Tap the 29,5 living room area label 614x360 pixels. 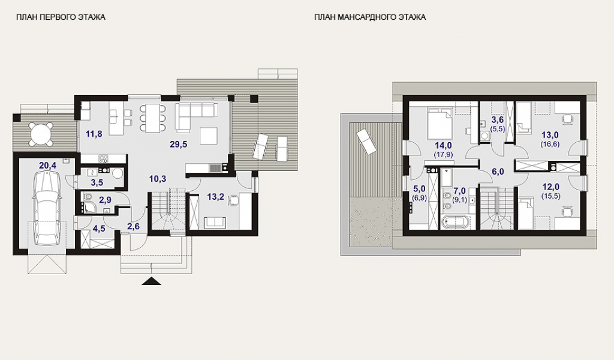point(179,144)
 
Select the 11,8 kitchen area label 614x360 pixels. point(94,134)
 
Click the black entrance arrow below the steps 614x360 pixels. point(152,281)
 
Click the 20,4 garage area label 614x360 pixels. point(48,166)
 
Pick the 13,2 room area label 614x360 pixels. point(216,197)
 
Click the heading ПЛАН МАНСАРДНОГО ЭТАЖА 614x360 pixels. point(369,17)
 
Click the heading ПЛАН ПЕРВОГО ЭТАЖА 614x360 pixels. point(61,17)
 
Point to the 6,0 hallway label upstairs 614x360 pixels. point(497,172)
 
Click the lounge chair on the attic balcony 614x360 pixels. point(367,142)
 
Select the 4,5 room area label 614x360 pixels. point(99,228)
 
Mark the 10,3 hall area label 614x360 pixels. point(158,179)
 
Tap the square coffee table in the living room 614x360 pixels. point(208,136)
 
